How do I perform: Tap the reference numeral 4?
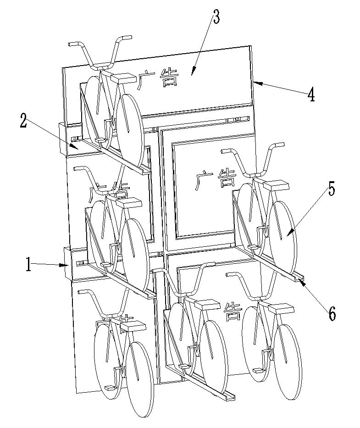click(x=311, y=95)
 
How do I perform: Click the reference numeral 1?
click(x=28, y=265)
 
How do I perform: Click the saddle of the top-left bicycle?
click(x=123, y=78)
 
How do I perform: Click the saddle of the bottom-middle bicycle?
click(x=208, y=304)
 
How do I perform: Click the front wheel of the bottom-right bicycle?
click(x=288, y=353)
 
